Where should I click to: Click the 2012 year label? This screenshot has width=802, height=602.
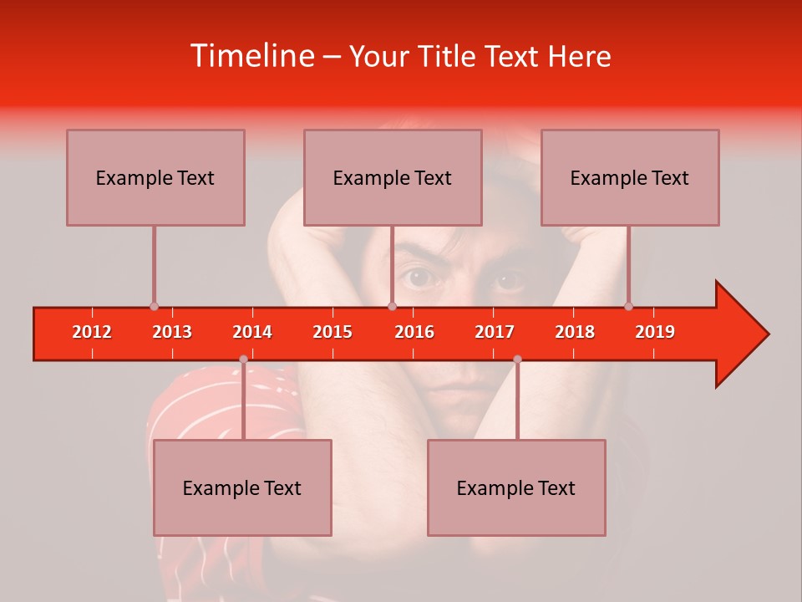(x=92, y=332)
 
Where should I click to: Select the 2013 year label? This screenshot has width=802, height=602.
(x=172, y=332)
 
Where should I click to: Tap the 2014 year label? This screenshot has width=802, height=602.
(x=252, y=332)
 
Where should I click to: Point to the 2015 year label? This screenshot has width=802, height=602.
(x=332, y=332)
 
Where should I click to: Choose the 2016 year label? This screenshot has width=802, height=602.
(x=414, y=332)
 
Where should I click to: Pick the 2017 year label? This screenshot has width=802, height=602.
(x=495, y=332)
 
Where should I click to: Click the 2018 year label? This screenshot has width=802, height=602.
(x=575, y=332)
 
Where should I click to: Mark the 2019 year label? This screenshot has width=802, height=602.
(x=655, y=332)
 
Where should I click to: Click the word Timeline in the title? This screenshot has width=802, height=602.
(x=251, y=56)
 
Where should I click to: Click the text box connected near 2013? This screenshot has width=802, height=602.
(x=155, y=177)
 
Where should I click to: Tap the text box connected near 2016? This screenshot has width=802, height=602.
(x=393, y=177)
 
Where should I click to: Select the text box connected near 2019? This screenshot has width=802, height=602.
(x=630, y=177)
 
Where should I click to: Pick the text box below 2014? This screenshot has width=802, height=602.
(x=242, y=487)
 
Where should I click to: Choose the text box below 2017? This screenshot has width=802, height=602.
(x=516, y=487)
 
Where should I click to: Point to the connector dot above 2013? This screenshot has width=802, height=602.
(x=154, y=307)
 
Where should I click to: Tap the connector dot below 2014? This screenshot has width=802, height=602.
(x=243, y=360)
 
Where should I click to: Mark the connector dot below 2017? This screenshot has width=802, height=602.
(x=517, y=360)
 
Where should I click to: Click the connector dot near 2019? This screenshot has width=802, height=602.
(x=628, y=307)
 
